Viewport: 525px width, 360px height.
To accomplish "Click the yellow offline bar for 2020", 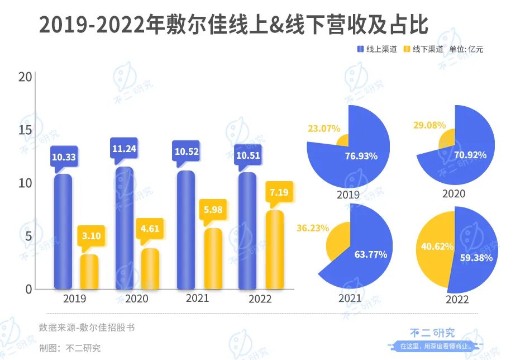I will [x=150, y=269].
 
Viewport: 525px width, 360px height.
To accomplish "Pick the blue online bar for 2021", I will [x=185, y=230].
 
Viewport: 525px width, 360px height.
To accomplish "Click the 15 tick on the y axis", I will [x=23, y=130].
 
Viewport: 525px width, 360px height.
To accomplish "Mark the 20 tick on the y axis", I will [x=23, y=77].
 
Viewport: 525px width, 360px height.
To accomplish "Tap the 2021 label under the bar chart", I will [x=197, y=299].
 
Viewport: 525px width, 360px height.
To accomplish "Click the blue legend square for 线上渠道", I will [x=360, y=50].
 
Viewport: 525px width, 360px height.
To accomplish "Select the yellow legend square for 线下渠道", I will [x=407, y=50].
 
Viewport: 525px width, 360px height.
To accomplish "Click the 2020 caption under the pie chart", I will [x=454, y=194].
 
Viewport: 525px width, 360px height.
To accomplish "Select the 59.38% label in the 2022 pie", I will [x=475, y=258].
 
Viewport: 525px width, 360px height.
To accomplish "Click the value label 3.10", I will [x=91, y=236].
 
